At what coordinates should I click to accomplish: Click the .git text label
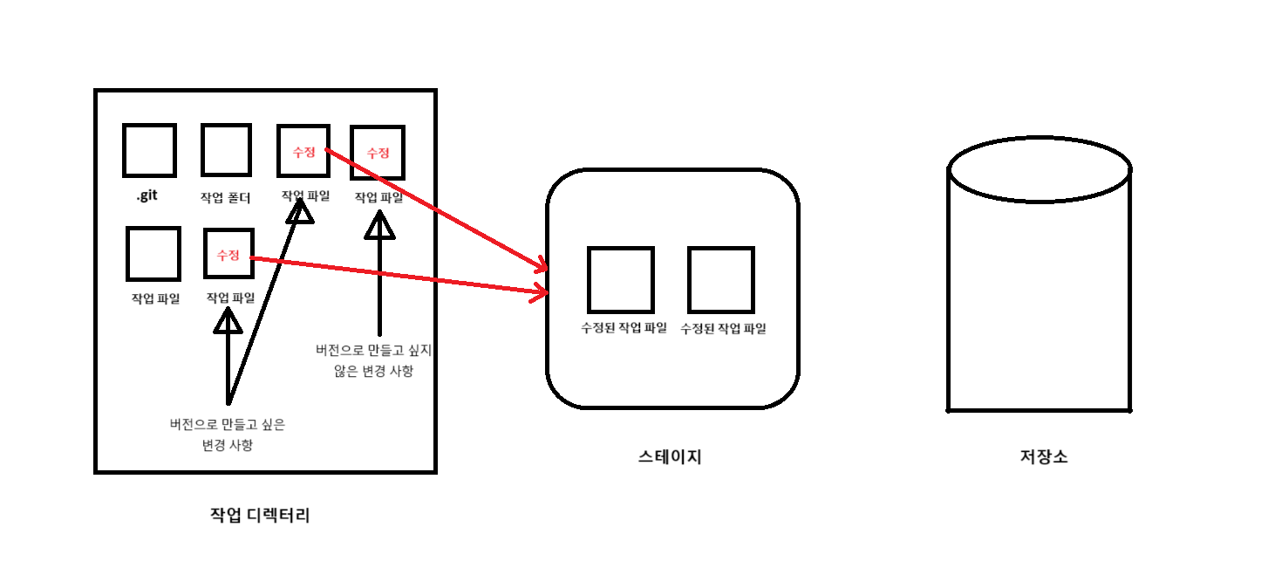click(147, 196)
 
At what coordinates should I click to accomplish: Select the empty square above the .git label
click(149, 150)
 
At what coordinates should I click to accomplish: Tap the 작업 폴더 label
click(225, 197)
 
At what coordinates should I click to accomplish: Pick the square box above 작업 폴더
click(227, 150)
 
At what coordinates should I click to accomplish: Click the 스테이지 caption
click(670, 456)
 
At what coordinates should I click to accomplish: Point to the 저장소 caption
click(1043, 456)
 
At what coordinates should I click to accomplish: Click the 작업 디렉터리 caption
click(260, 515)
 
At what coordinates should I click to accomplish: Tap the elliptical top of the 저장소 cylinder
click(1039, 169)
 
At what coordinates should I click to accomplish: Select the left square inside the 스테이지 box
click(620, 279)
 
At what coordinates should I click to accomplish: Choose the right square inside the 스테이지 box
click(720, 279)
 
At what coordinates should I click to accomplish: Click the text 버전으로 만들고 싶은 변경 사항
click(228, 435)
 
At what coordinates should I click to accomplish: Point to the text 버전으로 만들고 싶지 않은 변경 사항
click(374, 360)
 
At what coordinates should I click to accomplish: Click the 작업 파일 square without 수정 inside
click(153, 254)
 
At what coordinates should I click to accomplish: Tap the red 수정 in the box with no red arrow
click(378, 153)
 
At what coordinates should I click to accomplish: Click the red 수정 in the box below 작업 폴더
click(228, 255)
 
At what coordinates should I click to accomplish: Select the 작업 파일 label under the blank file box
click(155, 298)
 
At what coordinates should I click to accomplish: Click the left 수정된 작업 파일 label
click(624, 328)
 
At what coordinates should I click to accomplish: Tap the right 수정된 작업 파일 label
click(723, 328)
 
